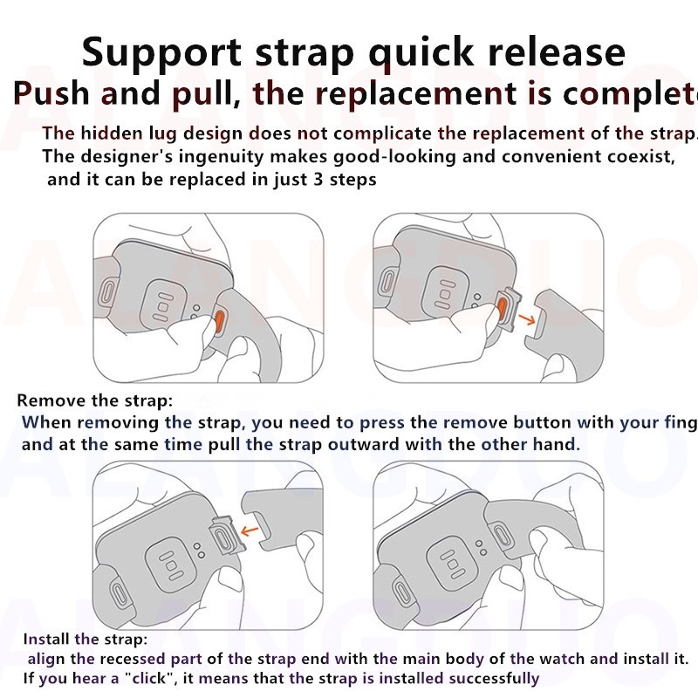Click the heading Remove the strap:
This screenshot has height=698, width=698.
(x=95, y=401)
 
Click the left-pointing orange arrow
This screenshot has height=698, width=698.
(x=254, y=528)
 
